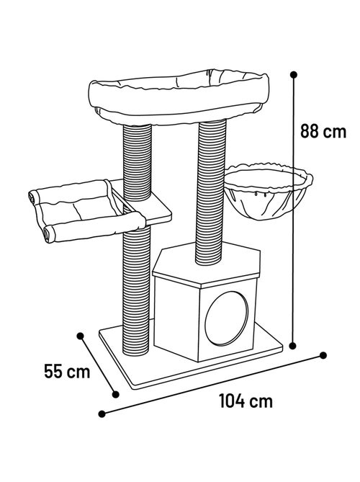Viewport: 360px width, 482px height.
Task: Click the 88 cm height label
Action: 323,132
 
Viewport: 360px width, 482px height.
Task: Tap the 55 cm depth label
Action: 67,371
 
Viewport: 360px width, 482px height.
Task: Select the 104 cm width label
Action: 246,401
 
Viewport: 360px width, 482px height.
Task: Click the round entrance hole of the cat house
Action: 226,318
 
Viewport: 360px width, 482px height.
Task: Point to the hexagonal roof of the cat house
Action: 207,264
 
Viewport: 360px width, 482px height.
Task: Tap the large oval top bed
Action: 179,97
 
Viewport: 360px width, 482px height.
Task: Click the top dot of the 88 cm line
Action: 294,75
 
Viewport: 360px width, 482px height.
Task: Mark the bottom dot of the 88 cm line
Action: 293,346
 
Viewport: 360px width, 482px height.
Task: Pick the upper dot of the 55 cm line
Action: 81,336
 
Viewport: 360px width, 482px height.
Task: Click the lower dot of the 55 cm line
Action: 115,394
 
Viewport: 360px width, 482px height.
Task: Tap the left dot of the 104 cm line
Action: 102,414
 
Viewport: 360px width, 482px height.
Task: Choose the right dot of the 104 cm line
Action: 323,355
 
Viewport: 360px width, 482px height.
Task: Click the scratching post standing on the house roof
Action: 212,192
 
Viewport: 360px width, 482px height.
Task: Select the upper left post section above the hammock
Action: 138,162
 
